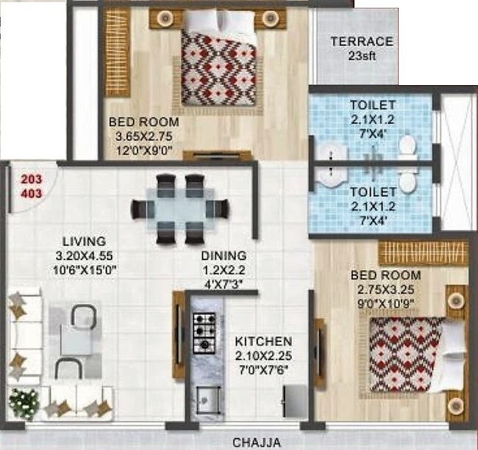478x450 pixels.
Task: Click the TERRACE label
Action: tap(361, 42)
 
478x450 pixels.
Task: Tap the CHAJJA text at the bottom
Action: tap(257, 442)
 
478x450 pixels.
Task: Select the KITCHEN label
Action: tap(263, 341)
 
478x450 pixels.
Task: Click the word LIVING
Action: tap(84, 241)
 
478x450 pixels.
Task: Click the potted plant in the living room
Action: tap(24, 403)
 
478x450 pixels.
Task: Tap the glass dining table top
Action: tap(176, 209)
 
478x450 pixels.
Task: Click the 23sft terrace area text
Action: tap(361, 56)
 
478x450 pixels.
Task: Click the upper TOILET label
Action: tap(373, 105)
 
